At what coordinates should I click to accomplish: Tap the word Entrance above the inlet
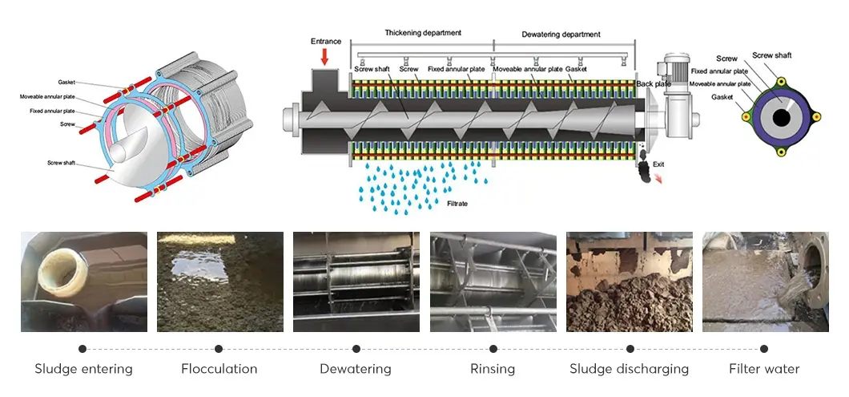(x=324, y=41)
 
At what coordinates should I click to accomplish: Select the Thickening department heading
(x=422, y=33)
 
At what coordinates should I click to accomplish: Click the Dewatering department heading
(x=561, y=34)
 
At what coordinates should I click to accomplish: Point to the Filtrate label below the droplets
(x=457, y=204)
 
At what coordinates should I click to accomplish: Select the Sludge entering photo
(x=84, y=282)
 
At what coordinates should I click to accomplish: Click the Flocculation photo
(x=220, y=282)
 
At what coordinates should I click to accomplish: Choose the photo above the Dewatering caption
(x=356, y=282)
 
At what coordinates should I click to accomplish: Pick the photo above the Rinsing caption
(x=493, y=282)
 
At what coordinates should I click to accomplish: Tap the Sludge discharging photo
(x=630, y=282)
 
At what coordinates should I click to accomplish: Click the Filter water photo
(x=765, y=282)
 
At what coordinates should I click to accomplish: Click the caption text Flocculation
(x=219, y=369)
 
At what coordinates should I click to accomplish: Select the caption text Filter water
(x=764, y=369)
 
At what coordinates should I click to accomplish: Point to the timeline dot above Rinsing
(x=493, y=349)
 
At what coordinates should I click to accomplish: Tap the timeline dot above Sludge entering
(x=82, y=349)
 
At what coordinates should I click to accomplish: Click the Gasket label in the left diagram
(x=66, y=83)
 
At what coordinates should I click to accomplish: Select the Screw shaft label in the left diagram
(x=61, y=163)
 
